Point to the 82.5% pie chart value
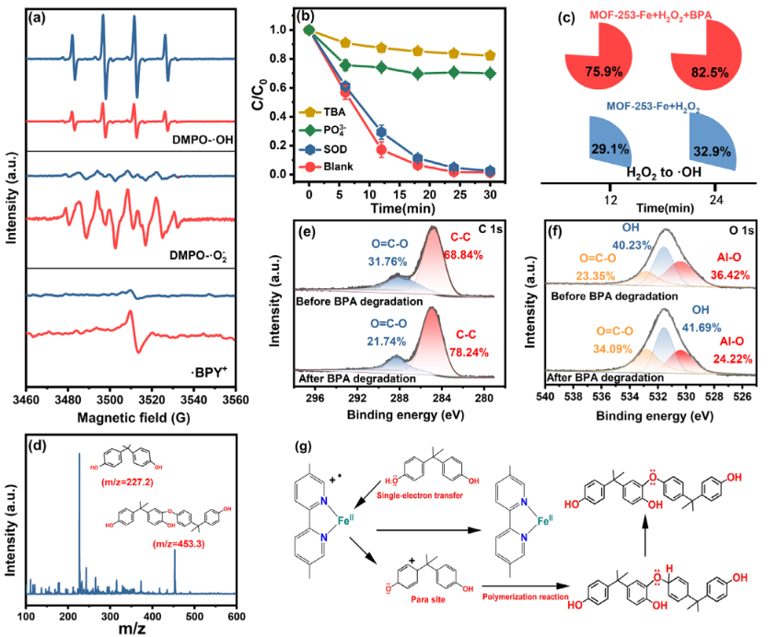coord(704,70)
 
